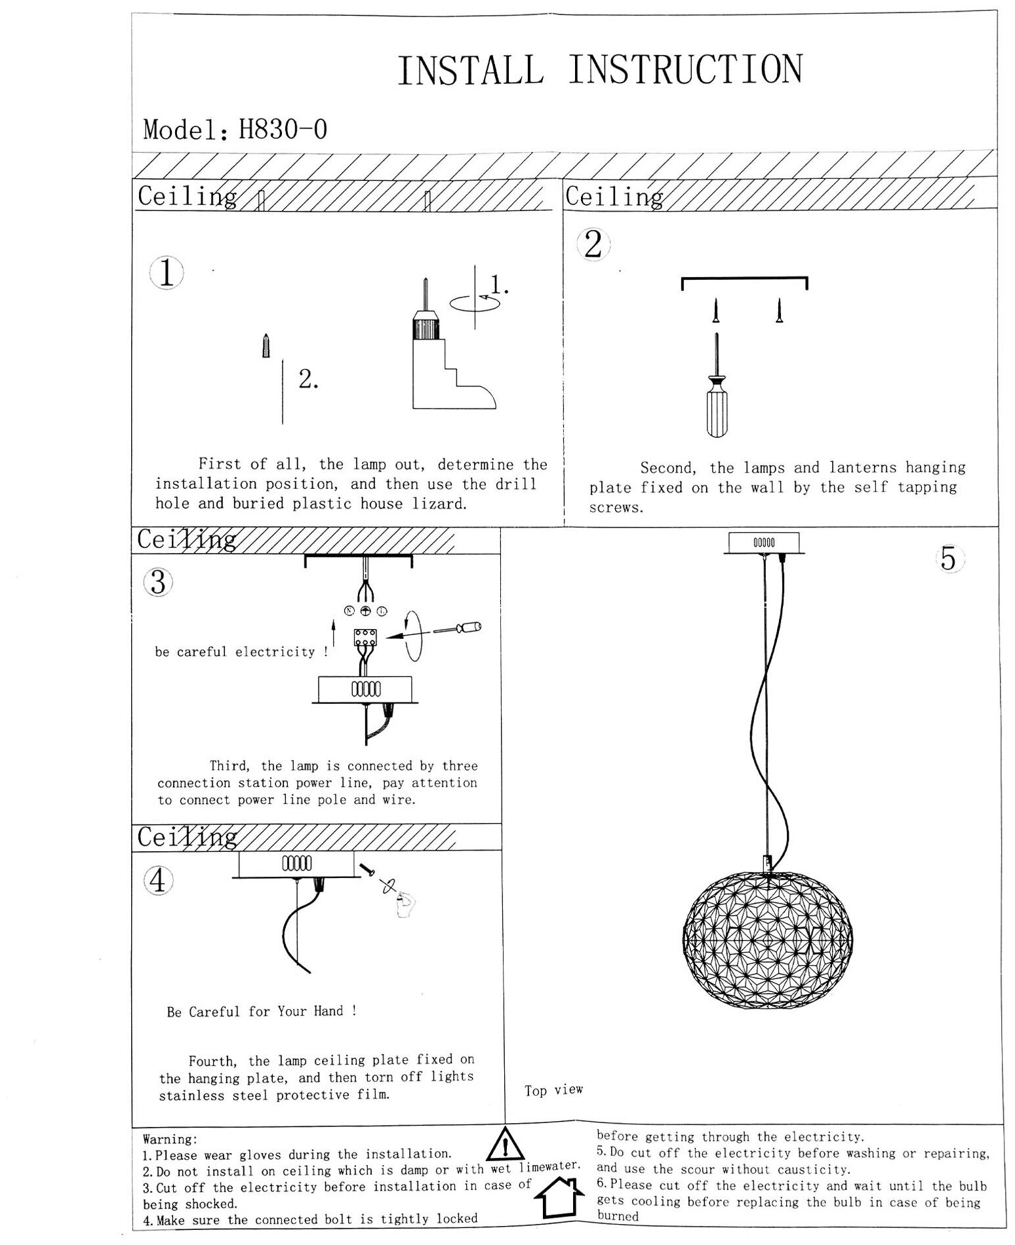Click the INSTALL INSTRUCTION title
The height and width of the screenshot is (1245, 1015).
599,70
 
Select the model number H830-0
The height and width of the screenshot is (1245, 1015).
283,129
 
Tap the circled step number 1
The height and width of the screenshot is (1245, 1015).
167,273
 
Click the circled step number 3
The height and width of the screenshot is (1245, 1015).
158,582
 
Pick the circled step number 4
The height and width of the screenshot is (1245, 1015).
158,880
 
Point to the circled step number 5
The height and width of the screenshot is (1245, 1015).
948,559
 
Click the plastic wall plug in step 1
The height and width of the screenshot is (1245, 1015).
265,345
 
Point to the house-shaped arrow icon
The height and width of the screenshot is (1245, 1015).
559,1197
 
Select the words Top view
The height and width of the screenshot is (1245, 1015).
553,1090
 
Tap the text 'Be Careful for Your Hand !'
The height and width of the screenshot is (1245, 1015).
262,1011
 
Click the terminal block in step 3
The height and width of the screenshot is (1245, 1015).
365,640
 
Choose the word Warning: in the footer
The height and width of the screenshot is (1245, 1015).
170,1140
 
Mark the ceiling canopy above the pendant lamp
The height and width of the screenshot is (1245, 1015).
764,543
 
